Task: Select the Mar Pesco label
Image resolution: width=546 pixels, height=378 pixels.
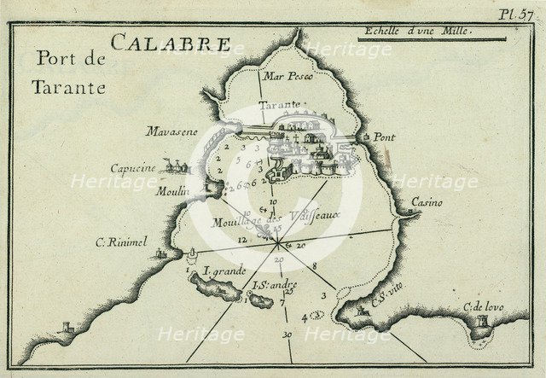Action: pyautogui.click(x=289, y=77)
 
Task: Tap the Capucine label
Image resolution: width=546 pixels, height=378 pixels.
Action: pyautogui.click(x=132, y=168)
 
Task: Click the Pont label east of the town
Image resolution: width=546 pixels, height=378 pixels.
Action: pyautogui.click(x=382, y=137)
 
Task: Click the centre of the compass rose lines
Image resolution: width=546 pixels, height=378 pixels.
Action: pyautogui.click(x=281, y=245)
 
